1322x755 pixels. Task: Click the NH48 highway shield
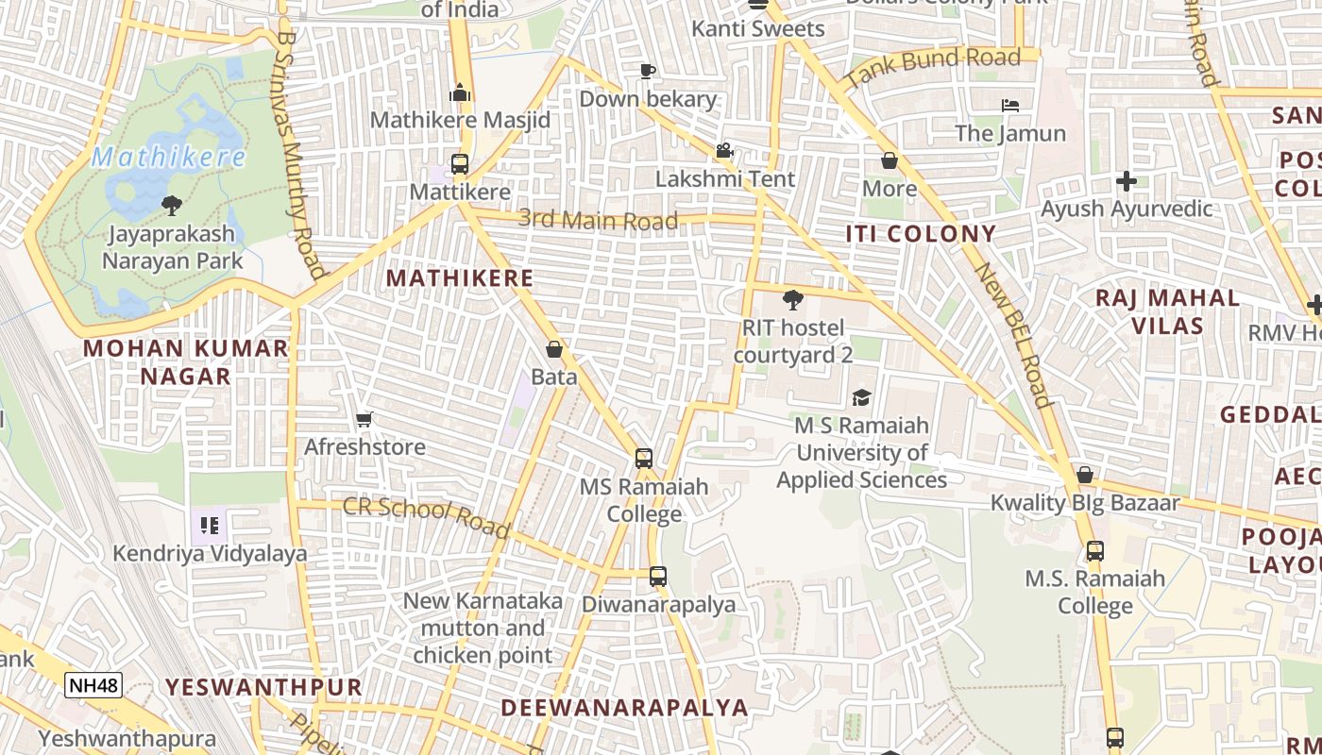[93, 685]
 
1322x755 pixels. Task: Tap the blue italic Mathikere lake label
[169, 157]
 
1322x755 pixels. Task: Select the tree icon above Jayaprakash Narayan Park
[172, 205]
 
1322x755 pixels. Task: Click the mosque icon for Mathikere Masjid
[460, 92]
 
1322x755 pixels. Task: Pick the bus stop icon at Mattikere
[460, 164]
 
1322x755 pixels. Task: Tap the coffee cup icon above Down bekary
[647, 71]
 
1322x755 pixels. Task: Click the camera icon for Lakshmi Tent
[724, 151]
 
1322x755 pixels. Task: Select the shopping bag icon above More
[889, 160]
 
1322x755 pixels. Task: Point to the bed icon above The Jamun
[1010, 105]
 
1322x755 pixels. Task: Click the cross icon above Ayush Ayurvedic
[1126, 180]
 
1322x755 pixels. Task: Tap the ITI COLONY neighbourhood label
[921, 234]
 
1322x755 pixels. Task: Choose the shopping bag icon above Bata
[554, 349]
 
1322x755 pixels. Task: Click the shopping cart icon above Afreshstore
[364, 419]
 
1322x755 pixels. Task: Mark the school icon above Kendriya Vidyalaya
[209, 525]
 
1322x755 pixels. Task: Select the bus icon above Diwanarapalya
[658, 576]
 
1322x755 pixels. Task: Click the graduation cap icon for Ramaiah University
[861, 397]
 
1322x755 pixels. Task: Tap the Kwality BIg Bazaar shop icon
[1085, 475]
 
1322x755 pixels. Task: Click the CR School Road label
[426, 517]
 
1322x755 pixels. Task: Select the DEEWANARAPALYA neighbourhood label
[624, 708]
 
